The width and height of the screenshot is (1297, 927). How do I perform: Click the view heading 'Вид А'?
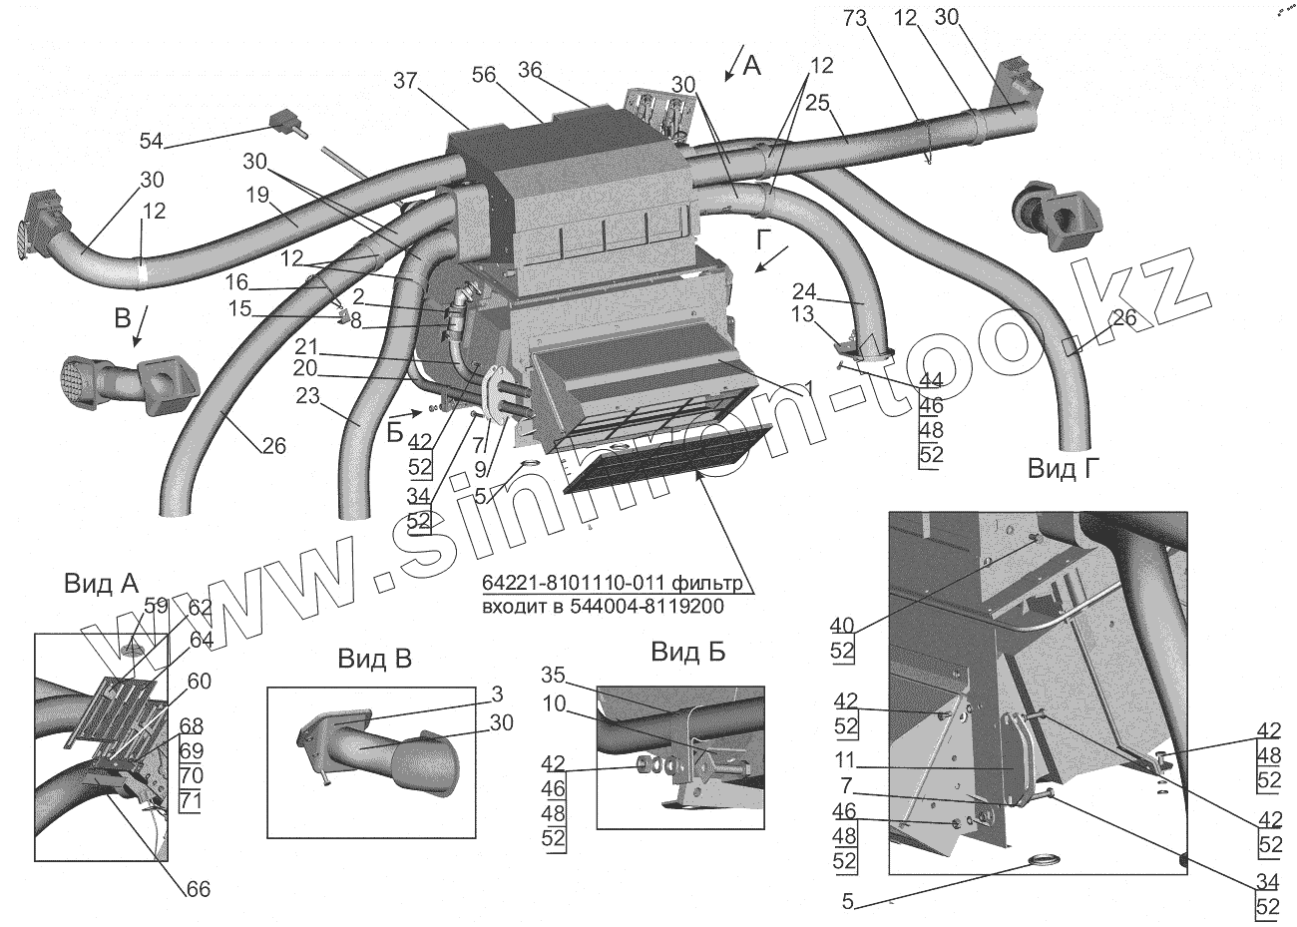101,585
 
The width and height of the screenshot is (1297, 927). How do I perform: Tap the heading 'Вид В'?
374,658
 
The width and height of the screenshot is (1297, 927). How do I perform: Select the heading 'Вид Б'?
688,653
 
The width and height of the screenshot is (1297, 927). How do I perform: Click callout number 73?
856,17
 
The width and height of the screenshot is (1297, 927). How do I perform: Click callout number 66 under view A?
199,887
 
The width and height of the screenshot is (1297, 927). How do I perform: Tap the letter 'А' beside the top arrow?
752,66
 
